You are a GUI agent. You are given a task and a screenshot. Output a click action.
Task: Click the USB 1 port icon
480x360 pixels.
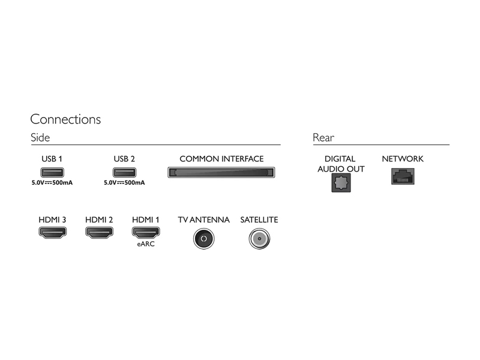coord(52,172)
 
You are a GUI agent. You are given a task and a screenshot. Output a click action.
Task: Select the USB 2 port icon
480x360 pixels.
coord(124,172)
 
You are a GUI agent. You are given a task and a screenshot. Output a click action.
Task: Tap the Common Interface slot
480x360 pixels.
coord(221,172)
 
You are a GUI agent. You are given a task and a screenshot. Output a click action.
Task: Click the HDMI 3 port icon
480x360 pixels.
coord(53,233)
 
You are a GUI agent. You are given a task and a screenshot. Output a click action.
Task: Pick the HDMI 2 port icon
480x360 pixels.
coord(99,233)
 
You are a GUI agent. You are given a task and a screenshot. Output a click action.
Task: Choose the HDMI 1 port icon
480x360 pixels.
coord(146,233)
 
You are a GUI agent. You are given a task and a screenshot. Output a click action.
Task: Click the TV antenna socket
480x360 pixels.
coord(204,239)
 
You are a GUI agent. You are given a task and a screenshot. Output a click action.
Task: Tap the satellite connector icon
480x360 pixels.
coord(259,239)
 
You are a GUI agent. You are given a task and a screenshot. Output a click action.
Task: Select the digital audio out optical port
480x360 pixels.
coord(341,183)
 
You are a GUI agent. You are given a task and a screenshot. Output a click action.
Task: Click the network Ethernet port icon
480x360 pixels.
coord(403,176)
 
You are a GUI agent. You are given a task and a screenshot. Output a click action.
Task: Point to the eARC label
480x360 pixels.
coord(146,244)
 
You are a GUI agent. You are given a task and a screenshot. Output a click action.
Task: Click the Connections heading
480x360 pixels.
coord(65,119)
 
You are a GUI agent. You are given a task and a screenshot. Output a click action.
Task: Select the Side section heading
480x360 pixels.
coord(40,137)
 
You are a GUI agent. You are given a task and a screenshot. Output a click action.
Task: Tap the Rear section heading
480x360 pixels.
coord(323,137)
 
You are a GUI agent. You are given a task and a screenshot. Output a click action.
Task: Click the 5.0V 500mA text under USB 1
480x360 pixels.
coord(52,183)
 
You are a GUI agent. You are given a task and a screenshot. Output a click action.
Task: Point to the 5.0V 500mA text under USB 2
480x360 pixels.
coord(124,183)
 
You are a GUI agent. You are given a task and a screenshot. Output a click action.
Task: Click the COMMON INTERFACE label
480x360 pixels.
coord(221,159)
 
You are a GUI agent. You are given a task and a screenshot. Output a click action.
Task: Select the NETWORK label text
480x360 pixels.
coord(403,159)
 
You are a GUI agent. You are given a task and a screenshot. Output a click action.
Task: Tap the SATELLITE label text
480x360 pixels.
coord(259,220)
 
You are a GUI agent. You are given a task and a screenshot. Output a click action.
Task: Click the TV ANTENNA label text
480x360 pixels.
coord(204,220)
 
